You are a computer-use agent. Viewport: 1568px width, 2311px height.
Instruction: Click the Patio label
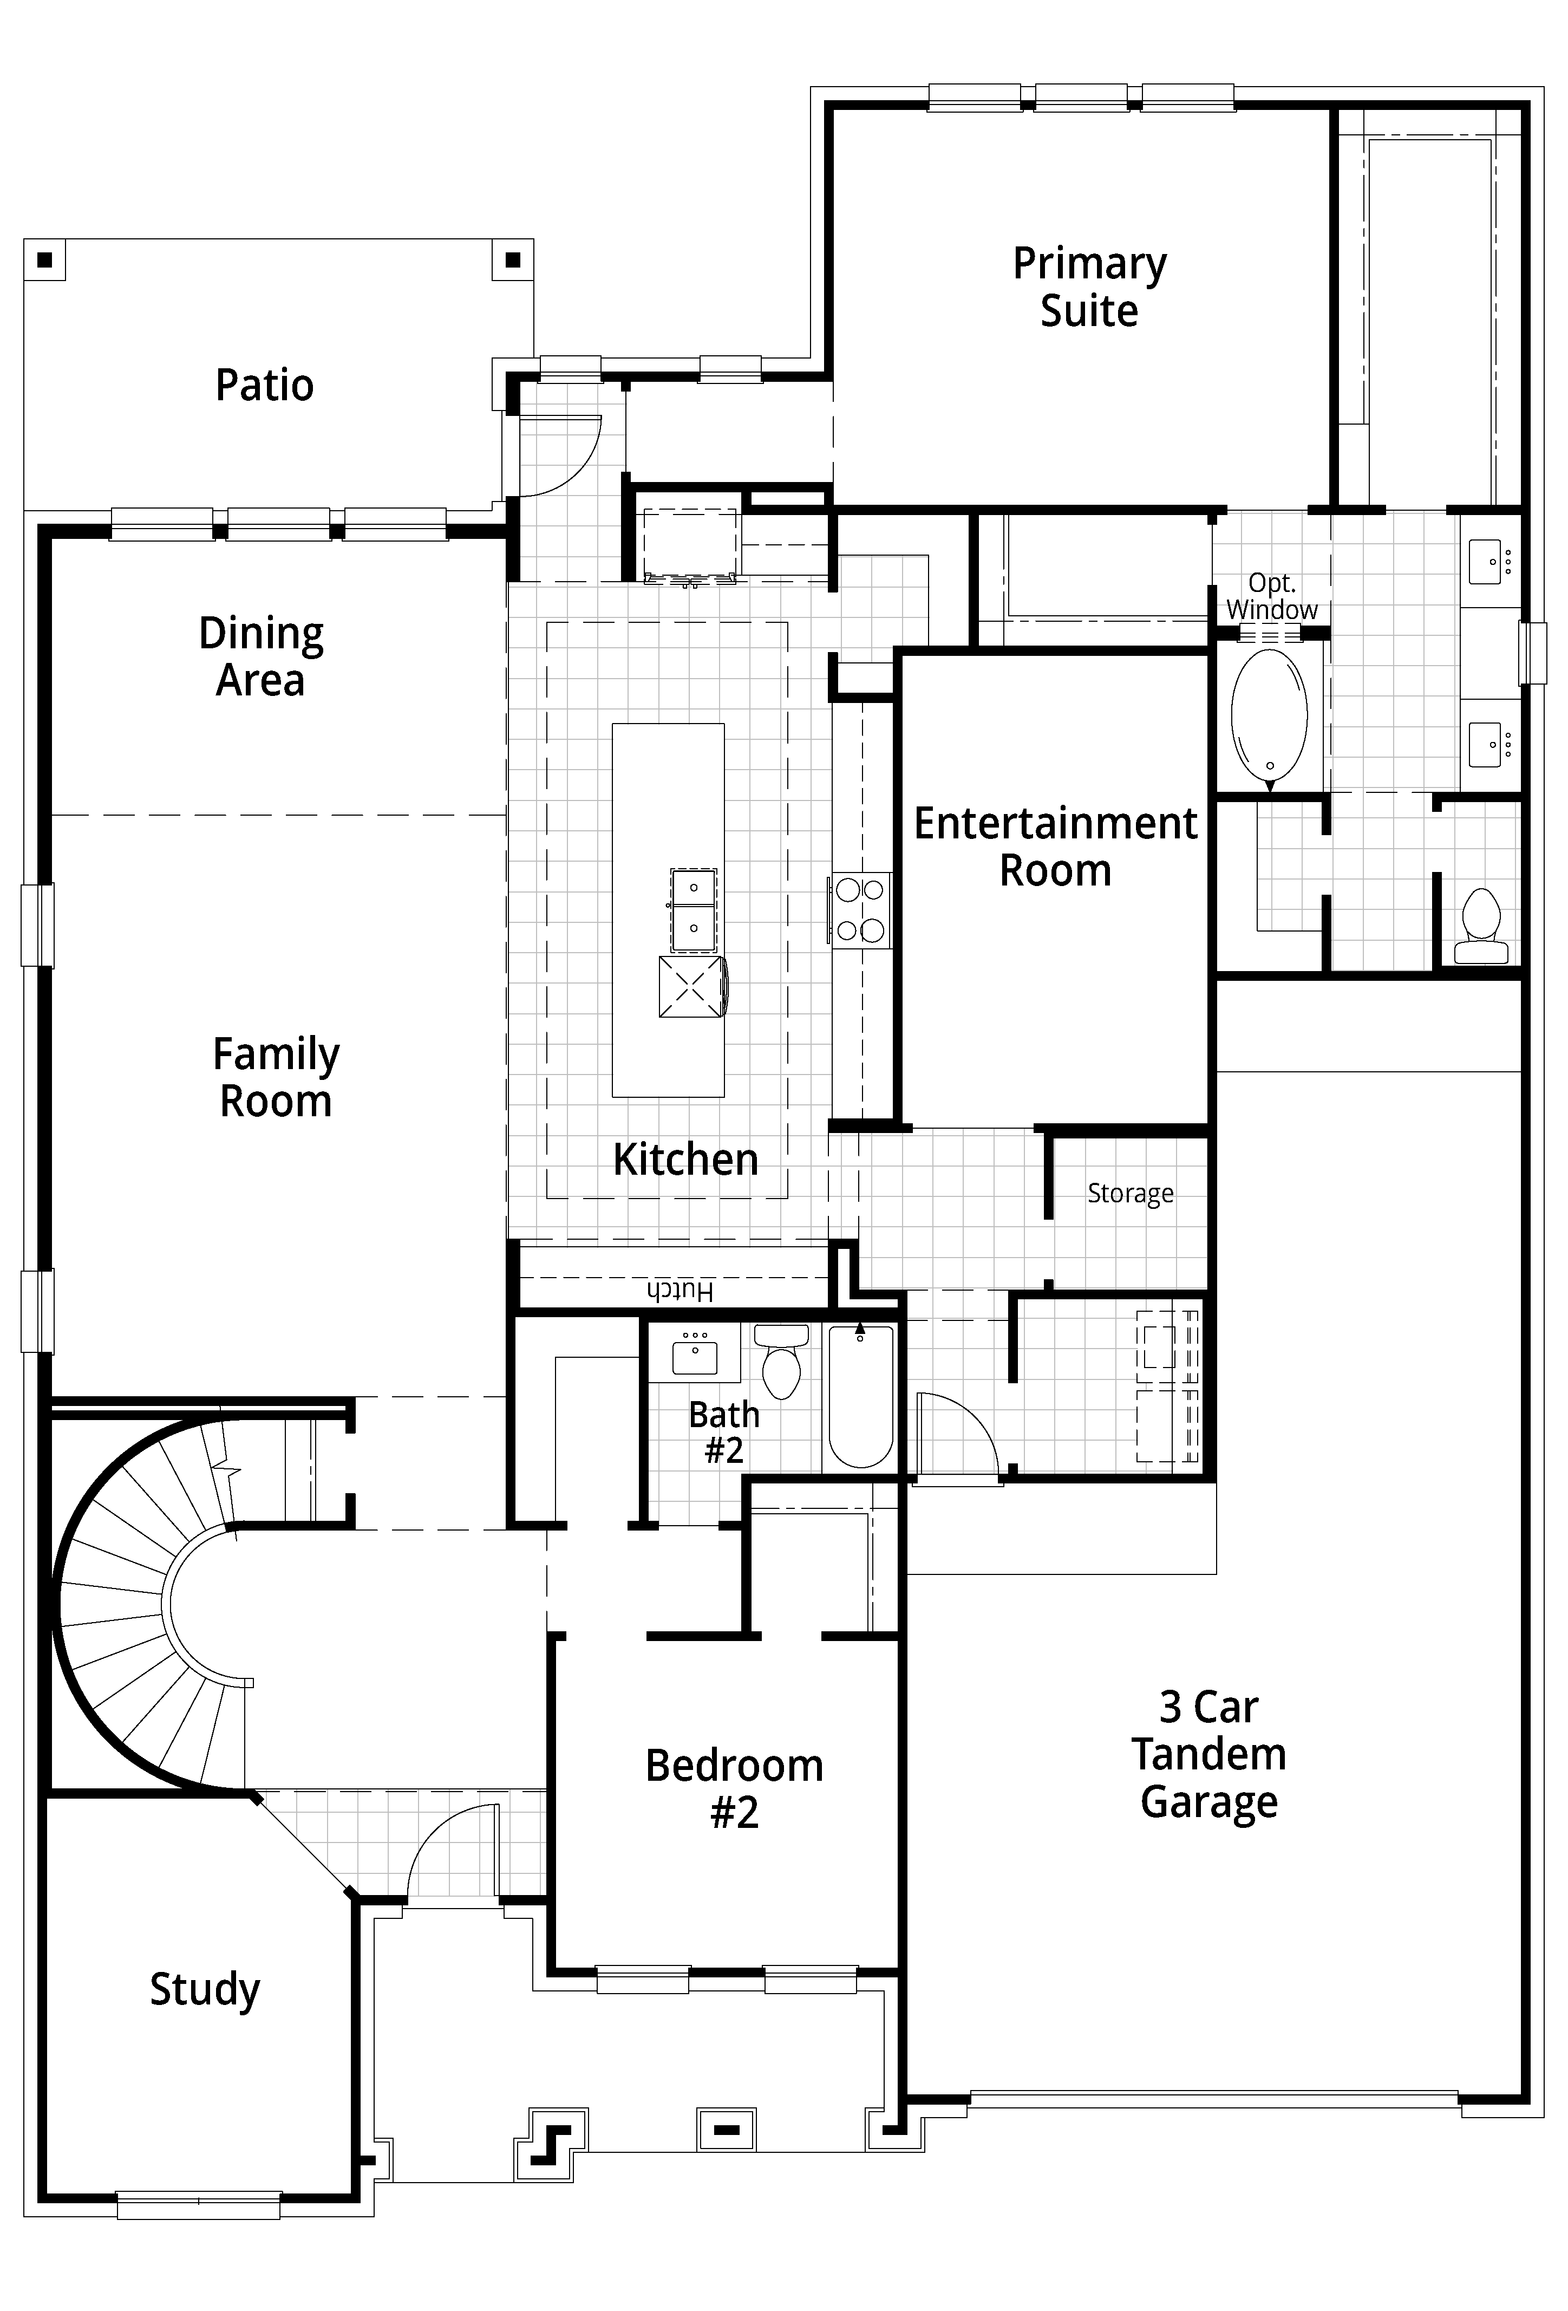click(x=264, y=385)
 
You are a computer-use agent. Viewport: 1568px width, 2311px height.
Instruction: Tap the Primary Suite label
click(x=1090, y=288)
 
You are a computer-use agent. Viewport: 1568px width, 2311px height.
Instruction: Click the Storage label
click(x=1131, y=1193)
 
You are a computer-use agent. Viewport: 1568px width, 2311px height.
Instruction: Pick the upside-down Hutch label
click(x=680, y=1291)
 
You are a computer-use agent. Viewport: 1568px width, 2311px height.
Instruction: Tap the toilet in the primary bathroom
click(x=1480, y=926)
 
